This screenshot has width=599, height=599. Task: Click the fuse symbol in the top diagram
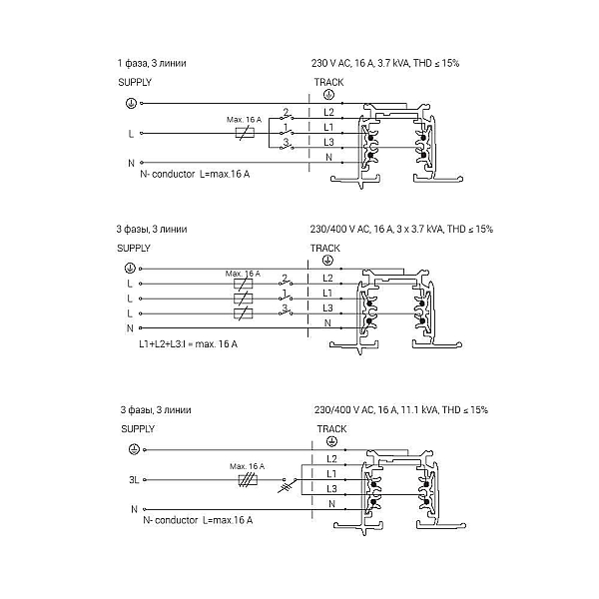245,134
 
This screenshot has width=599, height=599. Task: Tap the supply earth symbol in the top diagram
131,103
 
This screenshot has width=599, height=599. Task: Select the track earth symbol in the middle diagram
327,261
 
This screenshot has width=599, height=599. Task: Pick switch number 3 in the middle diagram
286,310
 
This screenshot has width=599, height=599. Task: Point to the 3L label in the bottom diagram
134,480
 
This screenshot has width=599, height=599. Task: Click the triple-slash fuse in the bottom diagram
248,480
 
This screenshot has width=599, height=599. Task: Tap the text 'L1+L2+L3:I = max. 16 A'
188,344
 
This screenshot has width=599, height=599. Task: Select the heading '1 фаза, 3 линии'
152,63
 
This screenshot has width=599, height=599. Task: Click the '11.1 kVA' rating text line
401,410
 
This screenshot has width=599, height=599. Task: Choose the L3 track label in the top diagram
328,142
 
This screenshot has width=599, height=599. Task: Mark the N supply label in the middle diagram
130,328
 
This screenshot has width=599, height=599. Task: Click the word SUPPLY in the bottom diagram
138,429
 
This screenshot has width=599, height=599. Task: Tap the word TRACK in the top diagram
328,82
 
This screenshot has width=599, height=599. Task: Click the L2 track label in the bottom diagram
331,459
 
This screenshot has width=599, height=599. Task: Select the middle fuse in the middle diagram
243,299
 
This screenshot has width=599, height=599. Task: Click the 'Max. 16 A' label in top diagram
245,120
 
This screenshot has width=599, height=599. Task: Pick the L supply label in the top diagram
131,134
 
